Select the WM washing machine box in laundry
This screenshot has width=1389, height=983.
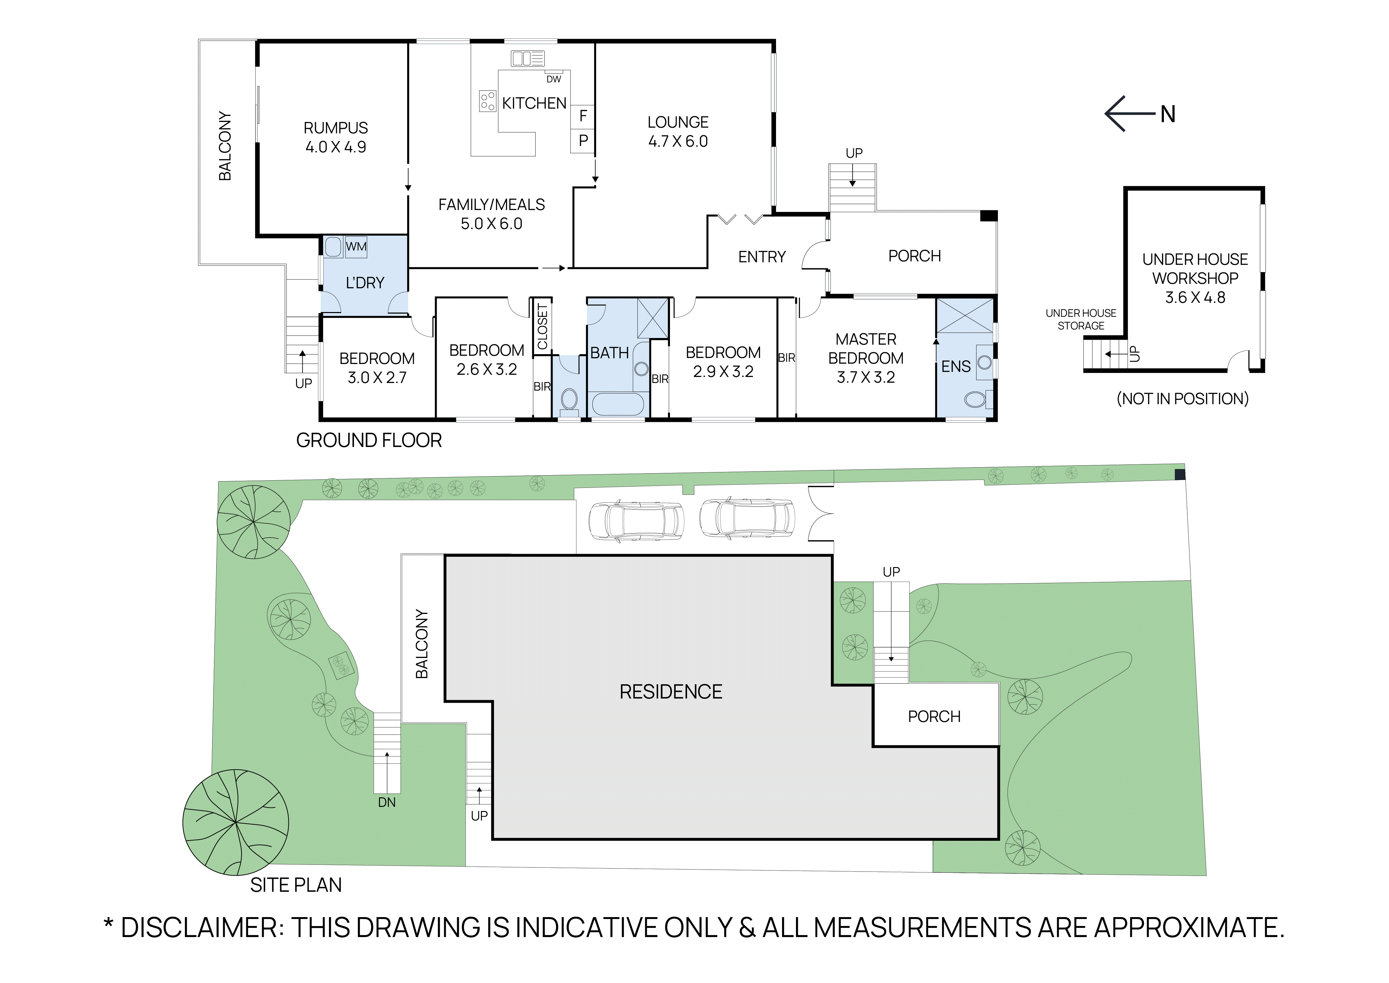356,246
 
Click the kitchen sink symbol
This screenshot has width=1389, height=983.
527,58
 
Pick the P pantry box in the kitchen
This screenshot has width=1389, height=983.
583,140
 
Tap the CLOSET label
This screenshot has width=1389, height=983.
542,327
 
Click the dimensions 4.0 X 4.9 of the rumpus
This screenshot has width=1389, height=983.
336,147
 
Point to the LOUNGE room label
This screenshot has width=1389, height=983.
678,122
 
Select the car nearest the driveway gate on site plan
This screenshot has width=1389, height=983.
747,519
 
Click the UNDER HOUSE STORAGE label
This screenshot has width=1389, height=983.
1081,319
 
